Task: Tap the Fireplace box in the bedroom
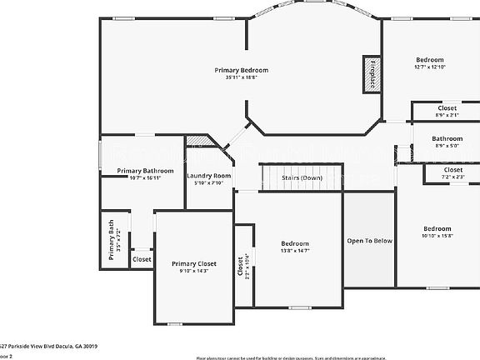coord(368,72)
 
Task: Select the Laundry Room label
coord(208,176)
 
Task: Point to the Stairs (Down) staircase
coord(301,177)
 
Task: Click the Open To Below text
coord(369,241)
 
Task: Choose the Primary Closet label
coord(194,263)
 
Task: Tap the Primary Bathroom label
coord(139,171)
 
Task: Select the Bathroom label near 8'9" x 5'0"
coord(447,138)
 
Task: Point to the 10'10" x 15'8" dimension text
coord(437,236)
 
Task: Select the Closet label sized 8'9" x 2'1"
coord(447,108)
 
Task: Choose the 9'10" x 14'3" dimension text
coord(194,271)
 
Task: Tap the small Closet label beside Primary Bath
coord(142,259)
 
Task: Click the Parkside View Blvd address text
coord(50,346)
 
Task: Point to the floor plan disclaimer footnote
coord(337,356)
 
